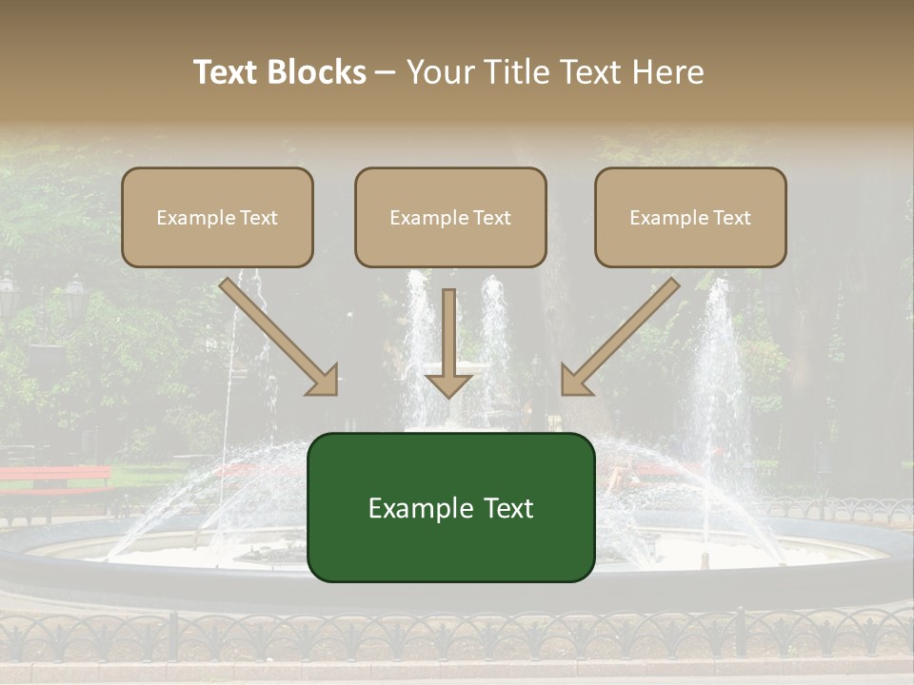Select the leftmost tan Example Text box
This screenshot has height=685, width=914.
click(x=217, y=218)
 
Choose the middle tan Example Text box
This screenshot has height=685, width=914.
click(x=450, y=218)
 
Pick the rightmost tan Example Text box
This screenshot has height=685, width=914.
click(x=690, y=218)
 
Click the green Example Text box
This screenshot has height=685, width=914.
click(x=450, y=507)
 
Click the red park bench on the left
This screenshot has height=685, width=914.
click(x=57, y=476)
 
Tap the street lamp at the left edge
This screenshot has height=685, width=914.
click(x=8, y=295)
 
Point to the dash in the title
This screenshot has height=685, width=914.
click(x=386, y=73)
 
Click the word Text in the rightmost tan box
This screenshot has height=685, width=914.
click(x=731, y=218)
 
